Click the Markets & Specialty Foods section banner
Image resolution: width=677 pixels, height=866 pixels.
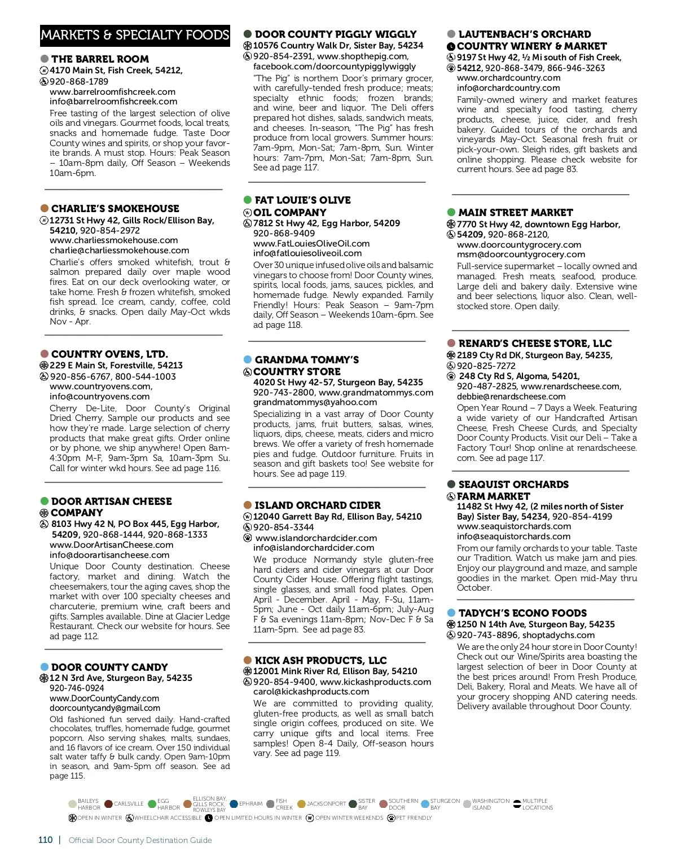click(x=135, y=35)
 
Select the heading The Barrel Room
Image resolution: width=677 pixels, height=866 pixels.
click(x=100, y=59)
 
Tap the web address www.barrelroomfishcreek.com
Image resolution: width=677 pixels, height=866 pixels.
click(x=112, y=91)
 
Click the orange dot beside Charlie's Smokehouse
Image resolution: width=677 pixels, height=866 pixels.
click(x=45, y=208)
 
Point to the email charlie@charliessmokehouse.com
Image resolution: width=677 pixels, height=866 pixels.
click(x=119, y=250)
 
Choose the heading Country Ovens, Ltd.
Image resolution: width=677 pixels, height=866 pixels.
click(x=109, y=354)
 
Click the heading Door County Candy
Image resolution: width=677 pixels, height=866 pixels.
click(x=109, y=667)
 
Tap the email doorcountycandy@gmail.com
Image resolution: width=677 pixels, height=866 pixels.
click(x=105, y=707)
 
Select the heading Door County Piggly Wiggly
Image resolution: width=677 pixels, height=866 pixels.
click(x=335, y=34)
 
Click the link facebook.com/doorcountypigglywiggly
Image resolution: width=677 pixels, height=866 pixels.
click(x=334, y=66)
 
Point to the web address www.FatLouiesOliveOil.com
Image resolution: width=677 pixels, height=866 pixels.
click(x=311, y=243)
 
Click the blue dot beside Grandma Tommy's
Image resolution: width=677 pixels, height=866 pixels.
click(x=248, y=359)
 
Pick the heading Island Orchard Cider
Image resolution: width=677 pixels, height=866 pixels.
click(x=317, y=505)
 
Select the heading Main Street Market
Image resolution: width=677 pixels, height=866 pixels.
click(x=515, y=213)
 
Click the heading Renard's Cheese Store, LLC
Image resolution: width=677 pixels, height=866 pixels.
click(x=535, y=344)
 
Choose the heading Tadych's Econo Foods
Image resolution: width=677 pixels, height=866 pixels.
click(x=522, y=613)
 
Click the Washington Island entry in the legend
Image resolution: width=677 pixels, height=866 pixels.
click(x=490, y=804)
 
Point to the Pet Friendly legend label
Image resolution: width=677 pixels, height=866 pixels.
click(x=414, y=817)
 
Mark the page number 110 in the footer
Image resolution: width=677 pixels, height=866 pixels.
click(x=46, y=840)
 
